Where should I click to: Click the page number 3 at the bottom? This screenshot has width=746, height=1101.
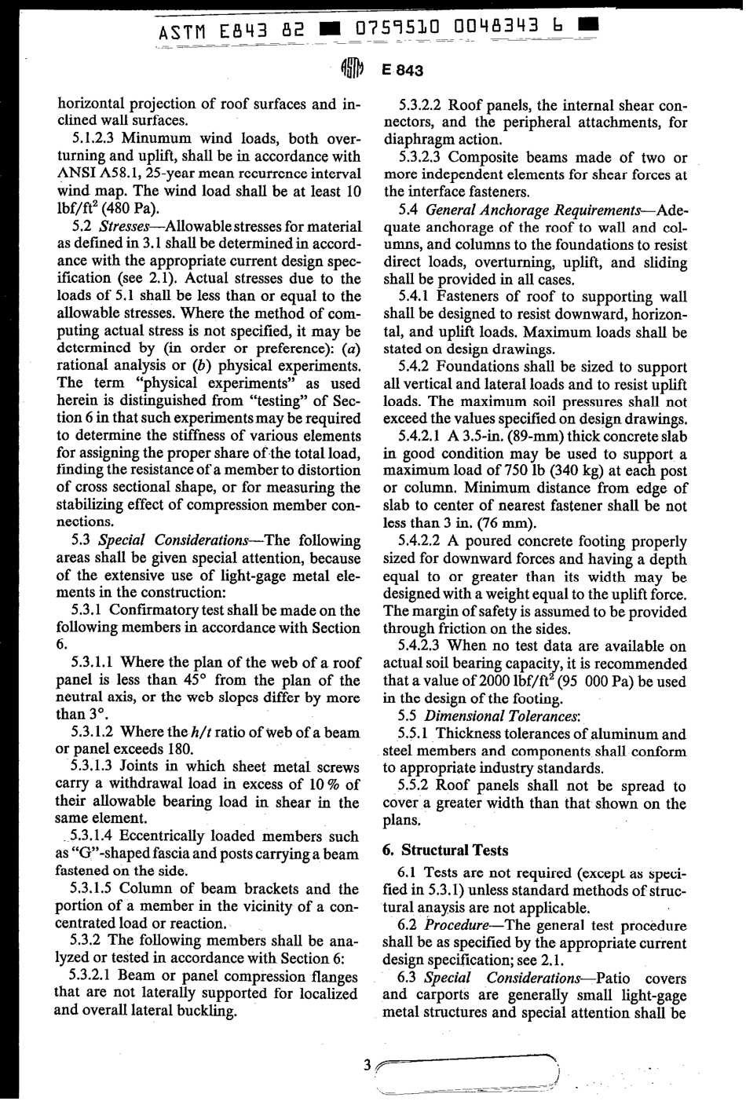[x=367, y=1065]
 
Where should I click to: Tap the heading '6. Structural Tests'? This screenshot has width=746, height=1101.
[x=444, y=850]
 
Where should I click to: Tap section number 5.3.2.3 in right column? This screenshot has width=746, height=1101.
[x=423, y=157]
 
